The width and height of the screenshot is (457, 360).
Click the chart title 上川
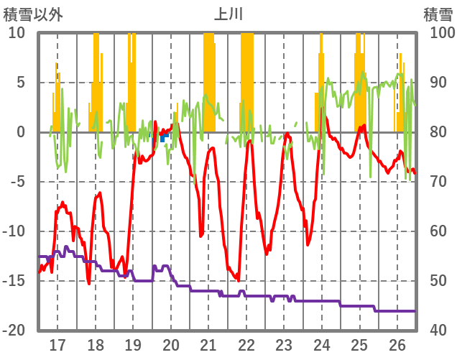pos(228,14)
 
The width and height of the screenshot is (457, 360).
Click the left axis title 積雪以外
pos(32,14)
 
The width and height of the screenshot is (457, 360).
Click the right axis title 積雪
pos(437,14)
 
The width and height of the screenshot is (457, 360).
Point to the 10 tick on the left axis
pos(17,33)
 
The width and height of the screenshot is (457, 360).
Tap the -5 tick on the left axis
pos(17,182)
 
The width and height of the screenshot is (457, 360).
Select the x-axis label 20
pos(170,344)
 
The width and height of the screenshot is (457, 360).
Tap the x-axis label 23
pos(284,344)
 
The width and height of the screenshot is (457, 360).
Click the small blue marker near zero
pos(164,135)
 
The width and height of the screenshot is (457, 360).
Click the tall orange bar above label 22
pos(247,79)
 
